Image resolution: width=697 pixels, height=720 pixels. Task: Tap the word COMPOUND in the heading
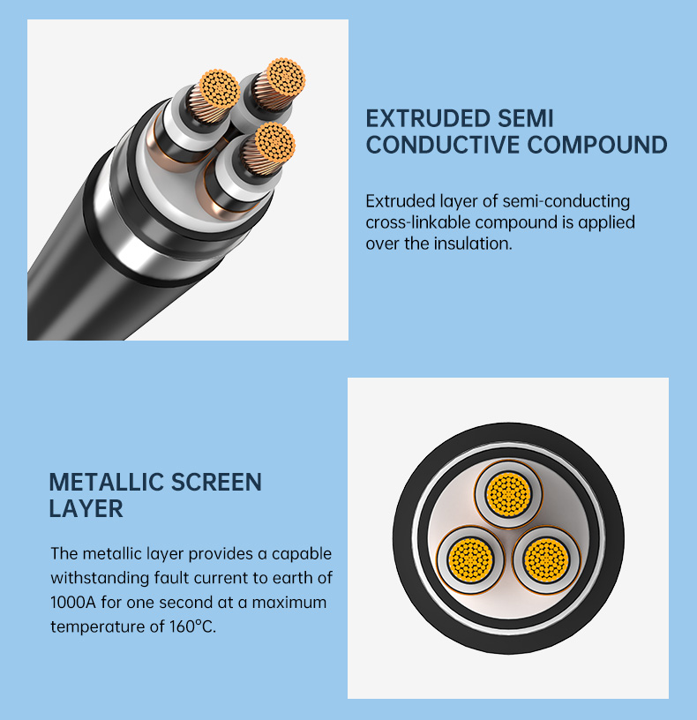pos(597,145)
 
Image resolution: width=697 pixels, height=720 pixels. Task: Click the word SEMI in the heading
pos(525,118)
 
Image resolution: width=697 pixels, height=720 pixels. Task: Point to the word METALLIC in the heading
pos(106,482)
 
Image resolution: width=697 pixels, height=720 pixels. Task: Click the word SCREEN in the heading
pos(216,482)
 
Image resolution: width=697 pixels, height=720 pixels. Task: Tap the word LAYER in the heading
pos(86,509)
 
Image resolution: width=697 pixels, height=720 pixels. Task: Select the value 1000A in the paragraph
pos(73,602)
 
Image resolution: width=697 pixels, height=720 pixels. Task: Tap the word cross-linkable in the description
pos(418,222)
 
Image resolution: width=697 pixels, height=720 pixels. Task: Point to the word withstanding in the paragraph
pos(99,578)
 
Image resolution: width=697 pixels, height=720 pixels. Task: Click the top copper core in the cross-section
pos(509,494)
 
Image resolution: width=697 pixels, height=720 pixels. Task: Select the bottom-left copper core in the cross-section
pos(470,559)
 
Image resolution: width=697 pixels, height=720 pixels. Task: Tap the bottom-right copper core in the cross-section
pos(546,559)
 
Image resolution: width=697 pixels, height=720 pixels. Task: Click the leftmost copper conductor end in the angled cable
pos(221,88)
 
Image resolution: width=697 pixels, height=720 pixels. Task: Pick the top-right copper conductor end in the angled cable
pos(286,78)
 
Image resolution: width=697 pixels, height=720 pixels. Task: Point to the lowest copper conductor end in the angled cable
pos(274,142)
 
